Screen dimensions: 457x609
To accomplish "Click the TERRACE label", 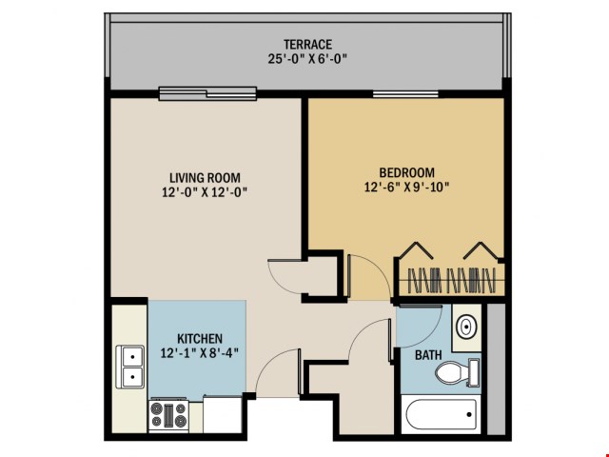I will pyautogui.click(x=306, y=44).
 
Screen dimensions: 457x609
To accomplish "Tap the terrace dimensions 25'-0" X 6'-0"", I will pyautogui.click(x=306, y=58).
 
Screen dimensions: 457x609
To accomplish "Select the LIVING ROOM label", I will pyautogui.click(x=205, y=177).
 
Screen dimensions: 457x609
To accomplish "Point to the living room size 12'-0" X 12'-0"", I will pyautogui.click(x=205, y=191).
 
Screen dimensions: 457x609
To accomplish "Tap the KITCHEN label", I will pyautogui.click(x=200, y=338).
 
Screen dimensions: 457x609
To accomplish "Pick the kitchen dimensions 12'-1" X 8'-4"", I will pyautogui.click(x=200, y=353).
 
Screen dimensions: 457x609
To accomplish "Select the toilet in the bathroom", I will pyautogui.click(x=461, y=372).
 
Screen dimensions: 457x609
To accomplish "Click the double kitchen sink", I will pyautogui.click(x=129, y=367).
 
